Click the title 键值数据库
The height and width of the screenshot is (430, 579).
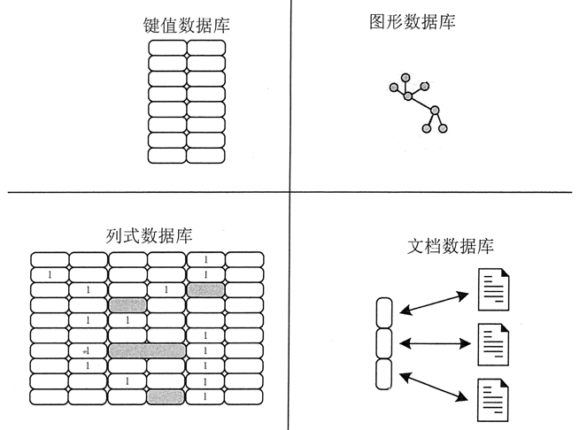pyautogui.click(x=186, y=27)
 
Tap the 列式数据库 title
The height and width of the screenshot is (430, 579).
pyautogui.click(x=148, y=236)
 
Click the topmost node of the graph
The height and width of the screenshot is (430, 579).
pyautogui.click(x=405, y=77)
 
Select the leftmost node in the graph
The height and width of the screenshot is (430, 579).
pyautogui.click(x=392, y=87)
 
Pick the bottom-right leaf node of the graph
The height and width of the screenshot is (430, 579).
pyautogui.click(x=444, y=129)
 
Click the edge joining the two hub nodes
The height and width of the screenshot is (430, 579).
pyautogui.click(x=421, y=103)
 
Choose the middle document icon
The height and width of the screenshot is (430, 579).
pyautogui.click(x=493, y=343)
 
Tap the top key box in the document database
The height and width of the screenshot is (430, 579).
pyautogui.click(x=383, y=312)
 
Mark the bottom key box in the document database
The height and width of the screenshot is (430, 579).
pyautogui.click(x=383, y=374)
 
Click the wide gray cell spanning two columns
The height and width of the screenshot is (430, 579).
pyautogui.click(x=147, y=351)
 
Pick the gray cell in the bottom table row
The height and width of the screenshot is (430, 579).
pyautogui.click(x=166, y=397)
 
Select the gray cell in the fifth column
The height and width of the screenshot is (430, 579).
pyautogui.click(x=205, y=289)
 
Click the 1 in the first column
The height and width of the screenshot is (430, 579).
pyautogui.click(x=50, y=274)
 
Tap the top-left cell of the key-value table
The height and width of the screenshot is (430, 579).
pyautogui.click(x=166, y=49)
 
